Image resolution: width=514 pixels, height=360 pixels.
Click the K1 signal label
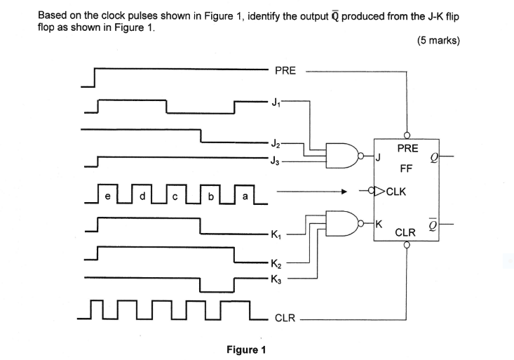click(x=278, y=234)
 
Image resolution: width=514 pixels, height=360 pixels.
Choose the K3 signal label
click(x=278, y=279)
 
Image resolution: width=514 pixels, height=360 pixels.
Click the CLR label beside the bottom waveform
click(x=284, y=319)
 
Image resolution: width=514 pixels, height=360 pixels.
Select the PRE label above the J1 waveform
click(x=285, y=70)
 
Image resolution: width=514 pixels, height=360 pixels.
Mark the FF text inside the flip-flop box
click(x=405, y=169)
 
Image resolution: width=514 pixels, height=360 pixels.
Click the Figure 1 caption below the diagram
click(x=245, y=349)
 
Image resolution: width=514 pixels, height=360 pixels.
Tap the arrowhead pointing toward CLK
click(x=344, y=190)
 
